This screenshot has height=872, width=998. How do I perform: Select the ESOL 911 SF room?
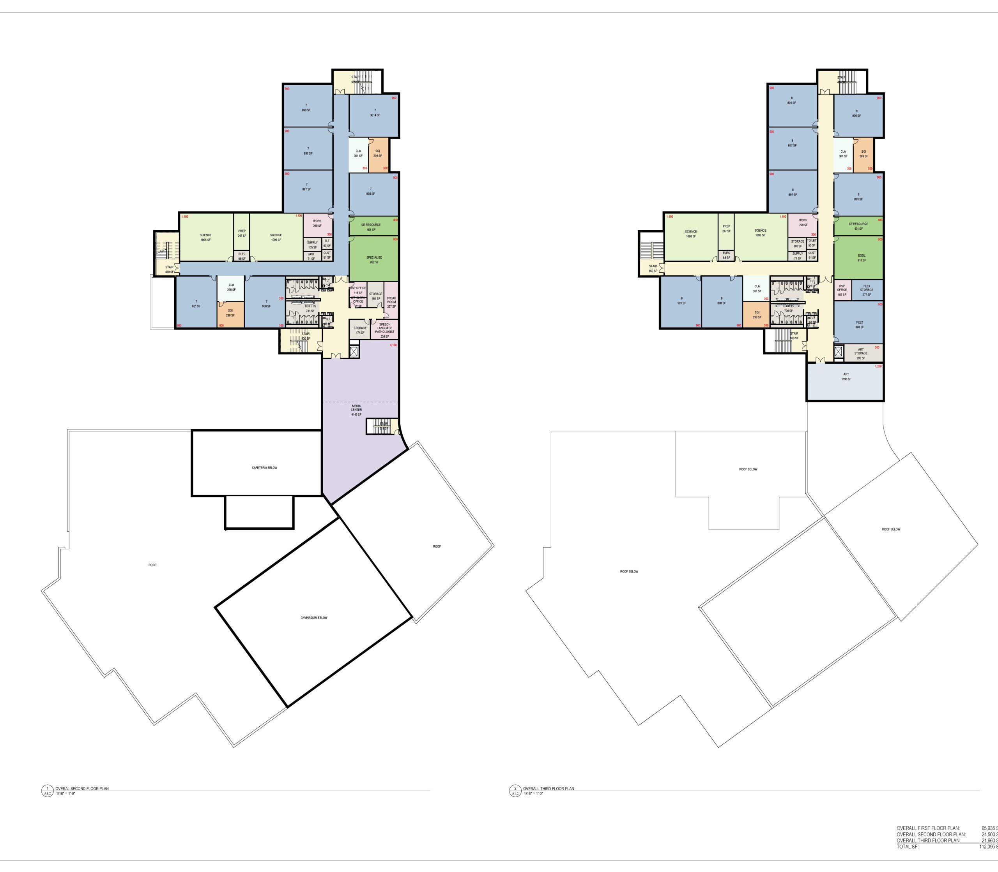pos(861,258)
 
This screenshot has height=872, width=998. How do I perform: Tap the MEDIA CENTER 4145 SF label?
pos(356,410)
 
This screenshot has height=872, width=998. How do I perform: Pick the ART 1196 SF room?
pos(846,377)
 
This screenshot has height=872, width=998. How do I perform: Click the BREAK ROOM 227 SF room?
pos(391,302)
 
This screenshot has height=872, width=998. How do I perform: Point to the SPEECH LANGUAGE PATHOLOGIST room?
pos(384,330)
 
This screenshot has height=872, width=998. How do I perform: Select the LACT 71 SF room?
pos(311,256)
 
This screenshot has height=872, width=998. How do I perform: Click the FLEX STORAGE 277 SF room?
pos(867,290)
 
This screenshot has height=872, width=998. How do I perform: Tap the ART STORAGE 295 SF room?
pos(861,353)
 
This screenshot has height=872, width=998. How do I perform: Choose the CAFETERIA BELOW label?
pos(264,468)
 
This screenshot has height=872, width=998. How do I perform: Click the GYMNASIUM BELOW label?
pos(314,618)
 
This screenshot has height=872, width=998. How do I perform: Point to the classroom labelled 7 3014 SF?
pos(375,113)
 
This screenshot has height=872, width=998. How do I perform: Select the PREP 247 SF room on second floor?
pos(242,234)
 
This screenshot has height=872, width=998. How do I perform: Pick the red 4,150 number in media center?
pos(393,345)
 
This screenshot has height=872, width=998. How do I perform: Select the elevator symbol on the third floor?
pos(838,352)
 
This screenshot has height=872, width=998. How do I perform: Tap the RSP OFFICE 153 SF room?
pos(842,289)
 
